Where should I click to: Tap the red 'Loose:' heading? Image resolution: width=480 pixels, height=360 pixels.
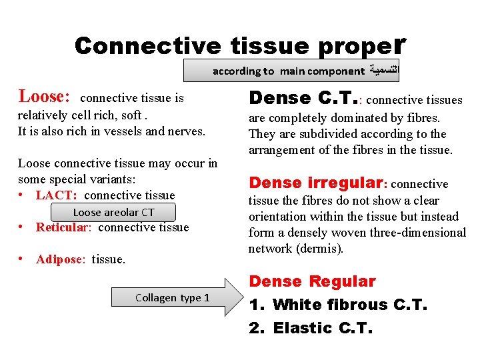pos(44,97)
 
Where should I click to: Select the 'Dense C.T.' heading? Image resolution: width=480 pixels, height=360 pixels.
pos(303,98)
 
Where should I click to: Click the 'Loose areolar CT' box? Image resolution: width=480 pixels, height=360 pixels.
pos(113,212)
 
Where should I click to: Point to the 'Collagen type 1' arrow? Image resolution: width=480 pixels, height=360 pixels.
pos(175,297)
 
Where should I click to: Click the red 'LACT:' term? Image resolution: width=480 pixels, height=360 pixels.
pos(57,195)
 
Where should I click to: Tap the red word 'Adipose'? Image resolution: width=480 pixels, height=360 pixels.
pos(59,259)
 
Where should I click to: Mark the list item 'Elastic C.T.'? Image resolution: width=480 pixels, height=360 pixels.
pos(323,328)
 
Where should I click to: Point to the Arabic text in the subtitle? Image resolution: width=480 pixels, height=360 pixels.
pos(381,71)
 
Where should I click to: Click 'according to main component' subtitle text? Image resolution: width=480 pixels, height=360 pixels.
pos(289,71)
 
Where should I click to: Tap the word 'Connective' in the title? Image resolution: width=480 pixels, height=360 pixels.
pos(147,45)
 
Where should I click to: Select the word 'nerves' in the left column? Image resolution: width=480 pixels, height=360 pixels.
pos(185,131)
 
